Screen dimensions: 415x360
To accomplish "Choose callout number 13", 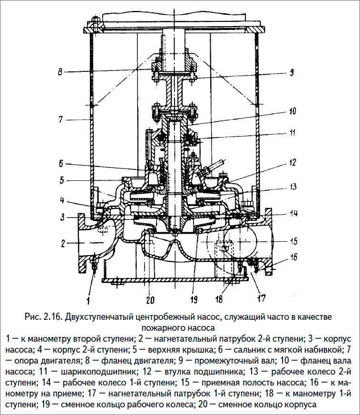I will pyautogui.click(x=293, y=185).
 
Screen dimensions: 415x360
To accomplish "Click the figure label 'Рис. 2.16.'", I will pyautogui.click(x=43, y=317).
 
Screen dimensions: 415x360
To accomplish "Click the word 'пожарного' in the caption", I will pyautogui.click(x=161, y=327).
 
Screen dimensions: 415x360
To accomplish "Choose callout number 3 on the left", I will pyautogui.click(x=61, y=217).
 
